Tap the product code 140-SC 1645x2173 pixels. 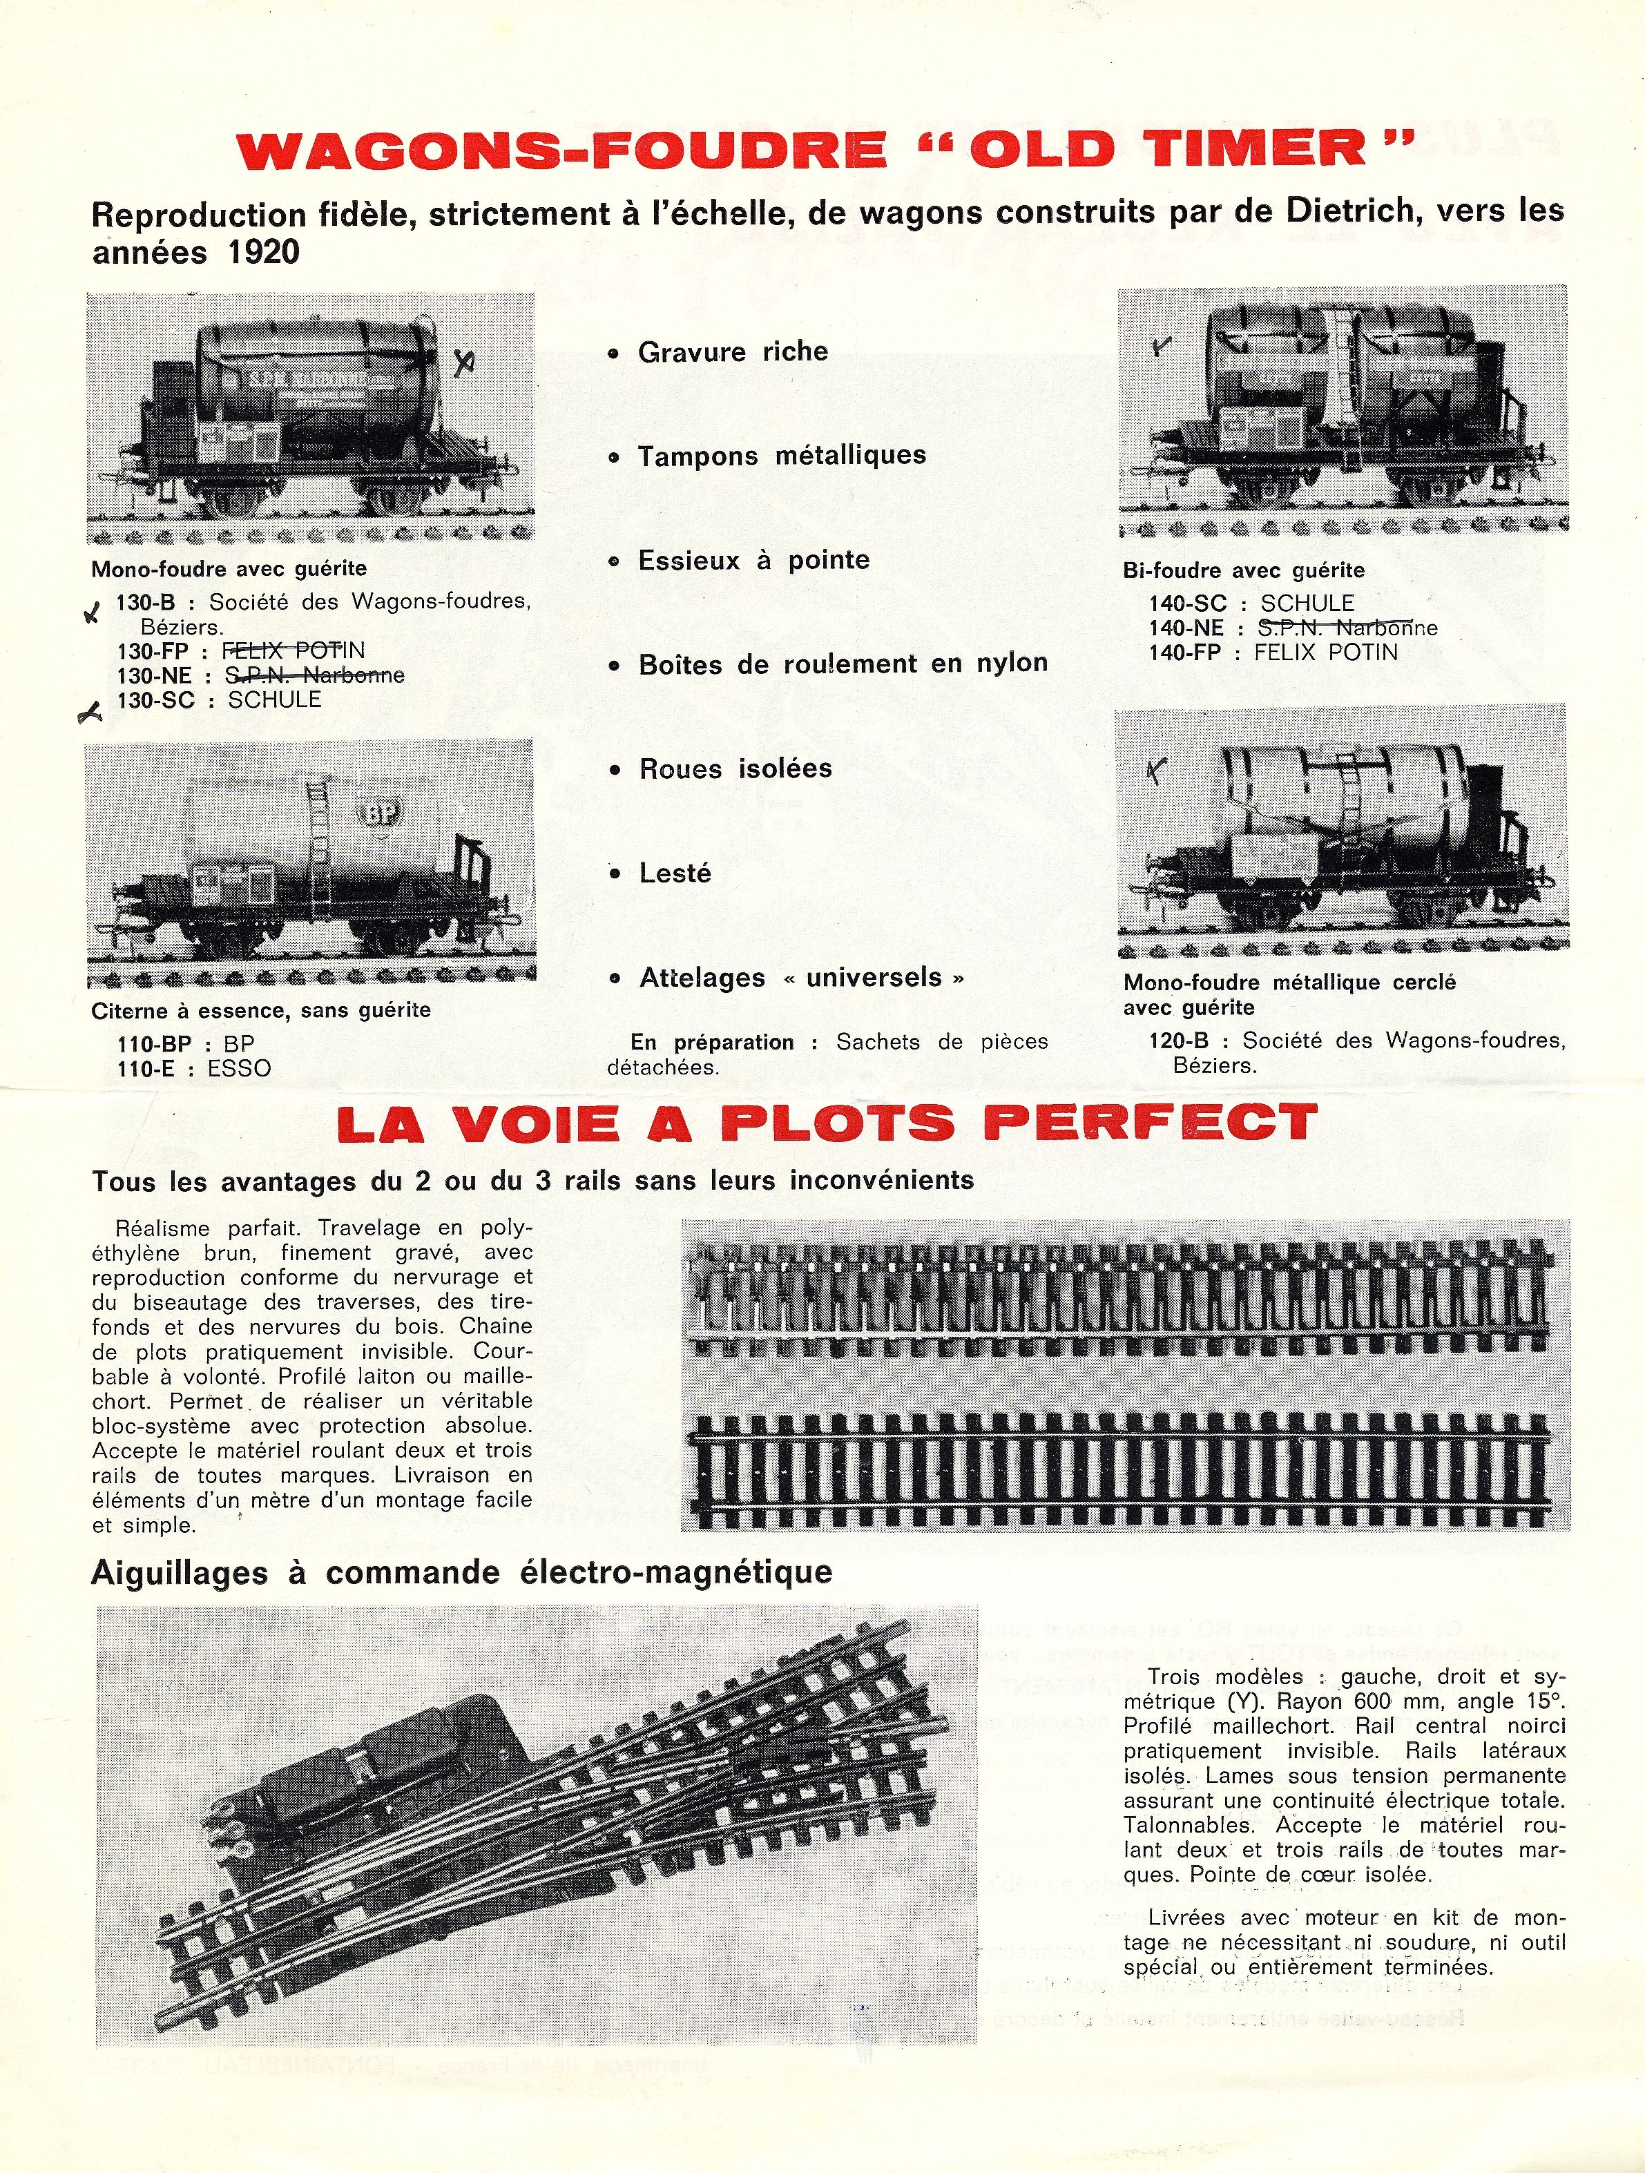[x=1188, y=603]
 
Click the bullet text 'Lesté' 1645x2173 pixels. [x=675, y=873]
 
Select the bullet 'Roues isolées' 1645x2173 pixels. [x=735, y=769]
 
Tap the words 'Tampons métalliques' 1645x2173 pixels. [x=781, y=456]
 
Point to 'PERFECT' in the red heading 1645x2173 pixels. [x=1150, y=1123]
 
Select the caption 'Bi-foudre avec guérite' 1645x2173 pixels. [x=1243, y=571]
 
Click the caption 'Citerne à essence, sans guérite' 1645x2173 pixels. [x=260, y=1011]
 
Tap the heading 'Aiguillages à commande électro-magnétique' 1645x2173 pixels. [x=462, y=1573]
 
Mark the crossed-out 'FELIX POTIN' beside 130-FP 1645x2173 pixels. [x=294, y=650]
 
